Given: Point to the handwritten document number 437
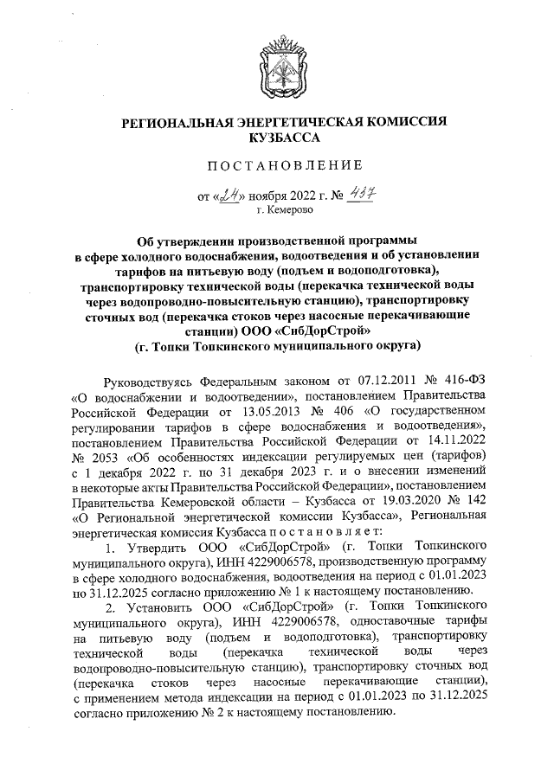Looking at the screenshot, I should (x=355, y=195).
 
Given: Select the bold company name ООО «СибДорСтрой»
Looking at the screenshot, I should (x=321, y=329).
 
